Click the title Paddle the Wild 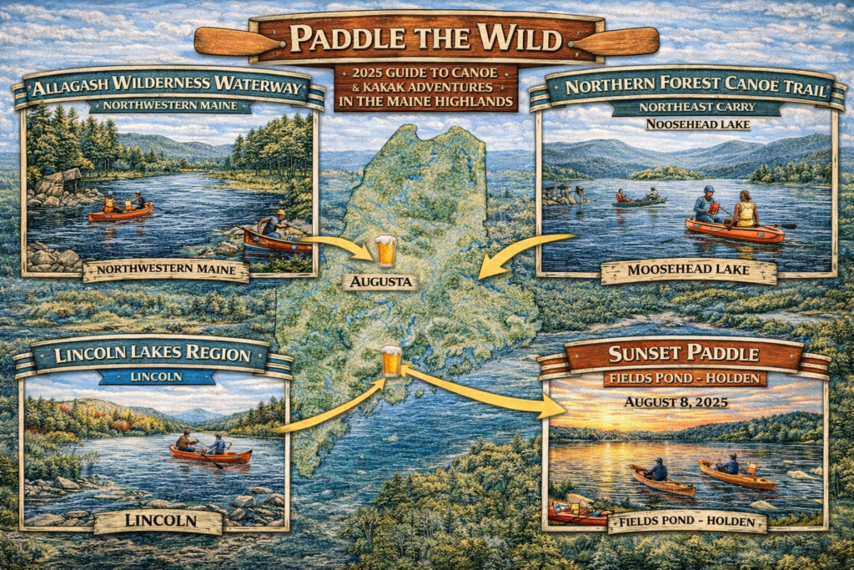[426, 39]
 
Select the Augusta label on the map [380, 281]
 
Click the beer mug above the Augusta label [384, 250]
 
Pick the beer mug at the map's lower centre [390, 361]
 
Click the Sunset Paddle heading [684, 354]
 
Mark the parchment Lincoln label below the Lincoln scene [158, 522]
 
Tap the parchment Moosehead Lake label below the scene [688, 272]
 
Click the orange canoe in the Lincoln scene [210, 455]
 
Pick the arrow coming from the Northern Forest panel [517, 250]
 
